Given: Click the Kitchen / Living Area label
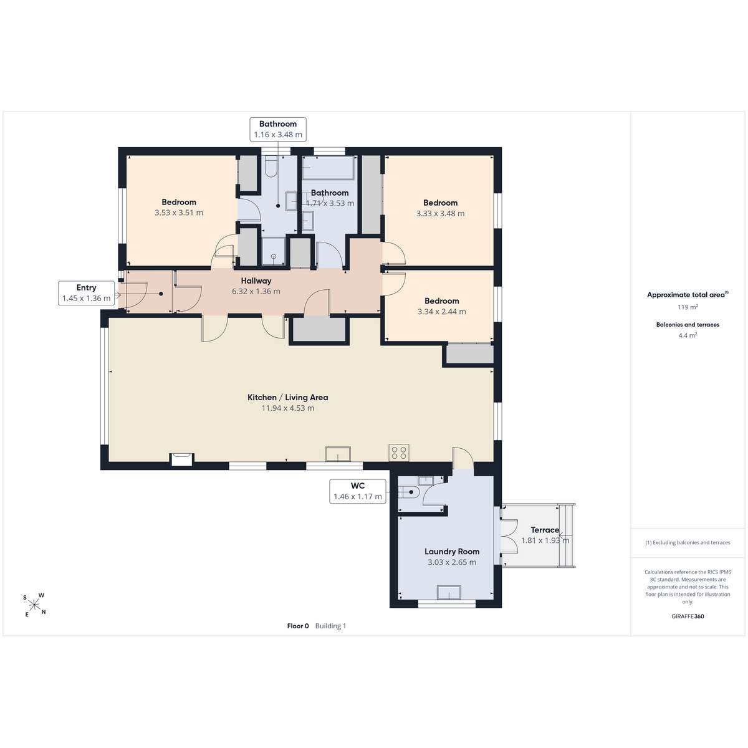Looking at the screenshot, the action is pos(287,397).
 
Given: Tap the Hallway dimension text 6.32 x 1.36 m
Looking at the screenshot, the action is pos(256,291).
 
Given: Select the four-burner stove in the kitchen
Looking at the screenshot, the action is pos(399,453).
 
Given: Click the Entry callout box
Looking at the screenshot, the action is pos(86,293).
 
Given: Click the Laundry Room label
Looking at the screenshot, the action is pos(452,551).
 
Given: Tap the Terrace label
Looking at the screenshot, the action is pos(545,530).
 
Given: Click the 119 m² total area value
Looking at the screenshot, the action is pos(688,307).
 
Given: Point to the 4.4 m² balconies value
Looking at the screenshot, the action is pos(688,335).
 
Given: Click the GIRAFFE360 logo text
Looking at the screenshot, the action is pos(688,616).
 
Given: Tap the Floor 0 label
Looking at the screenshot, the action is pos(298,626).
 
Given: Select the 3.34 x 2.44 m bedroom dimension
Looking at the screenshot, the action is pos(442,311).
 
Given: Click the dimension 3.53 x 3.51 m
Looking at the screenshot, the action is pos(179,213).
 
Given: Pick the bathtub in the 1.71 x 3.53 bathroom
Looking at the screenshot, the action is pos(328,168).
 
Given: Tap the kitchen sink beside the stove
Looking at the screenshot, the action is pos(338,453).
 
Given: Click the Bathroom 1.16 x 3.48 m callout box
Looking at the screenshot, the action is pos(278,129).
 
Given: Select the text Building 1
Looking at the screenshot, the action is pos(330,626).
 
